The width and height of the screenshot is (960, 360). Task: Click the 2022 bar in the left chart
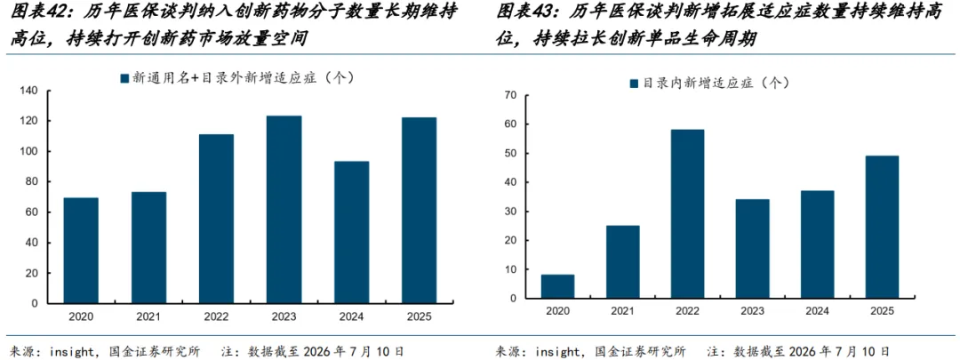[x=216, y=219]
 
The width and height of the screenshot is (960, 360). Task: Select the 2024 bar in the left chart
[x=351, y=232]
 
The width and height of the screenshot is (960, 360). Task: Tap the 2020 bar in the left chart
[x=81, y=251]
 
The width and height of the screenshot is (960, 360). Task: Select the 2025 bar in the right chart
[x=883, y=228]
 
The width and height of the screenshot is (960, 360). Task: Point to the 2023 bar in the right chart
[x=753, y=249]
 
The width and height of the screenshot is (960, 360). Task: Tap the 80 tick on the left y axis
[x=33, y=182]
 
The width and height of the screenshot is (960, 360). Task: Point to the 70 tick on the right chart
[x=510, y=95]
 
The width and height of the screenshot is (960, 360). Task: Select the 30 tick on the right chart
[x=510, y=212]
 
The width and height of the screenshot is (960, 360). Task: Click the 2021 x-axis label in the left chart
[x=148, y=316]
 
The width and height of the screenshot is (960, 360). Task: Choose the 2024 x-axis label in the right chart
[x=818, y=312]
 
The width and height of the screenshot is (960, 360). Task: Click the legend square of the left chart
[x=124, y=78]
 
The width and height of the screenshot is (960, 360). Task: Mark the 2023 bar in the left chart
[x=284, y=210]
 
